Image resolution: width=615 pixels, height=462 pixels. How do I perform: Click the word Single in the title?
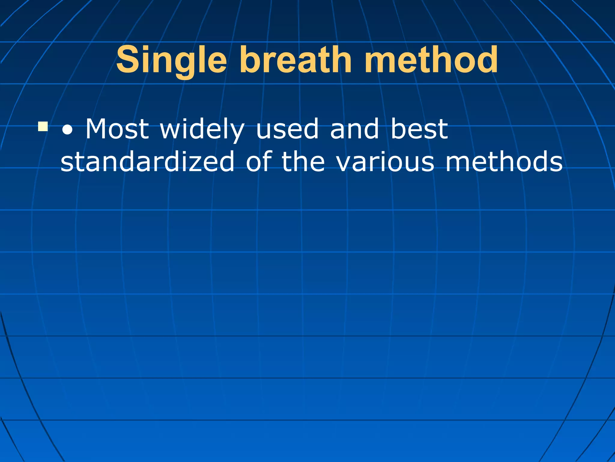click(x=171, y=60)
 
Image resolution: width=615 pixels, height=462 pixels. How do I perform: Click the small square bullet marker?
click(x=43, y=127)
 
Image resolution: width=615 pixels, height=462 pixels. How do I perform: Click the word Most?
click(x=117, y=129)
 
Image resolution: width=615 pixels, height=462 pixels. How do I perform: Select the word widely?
click(x=202, y=130)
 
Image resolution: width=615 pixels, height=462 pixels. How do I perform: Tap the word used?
click(x=287, y=129)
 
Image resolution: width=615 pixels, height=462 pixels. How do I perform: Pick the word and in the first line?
click(x=354, y=129)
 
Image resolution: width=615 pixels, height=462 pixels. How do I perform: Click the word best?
click(x=419, y=129)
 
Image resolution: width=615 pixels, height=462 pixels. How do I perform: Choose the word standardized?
click(x=147, y=162)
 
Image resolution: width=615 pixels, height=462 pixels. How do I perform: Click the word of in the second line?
click(x=259, y=162)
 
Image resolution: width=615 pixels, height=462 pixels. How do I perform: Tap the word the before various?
click(x=303, y=162)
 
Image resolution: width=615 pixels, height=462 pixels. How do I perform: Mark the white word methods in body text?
click(x=504, y=162)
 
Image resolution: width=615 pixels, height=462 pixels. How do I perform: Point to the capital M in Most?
click(x=96, y=129)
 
